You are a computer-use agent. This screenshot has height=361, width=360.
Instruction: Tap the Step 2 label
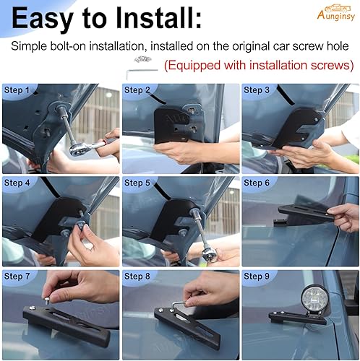[137, 90]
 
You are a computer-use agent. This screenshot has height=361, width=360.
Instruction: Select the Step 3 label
[257, 90]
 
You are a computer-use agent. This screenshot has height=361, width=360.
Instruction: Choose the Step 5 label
[137, 183]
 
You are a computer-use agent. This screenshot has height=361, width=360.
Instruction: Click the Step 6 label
[257, 183]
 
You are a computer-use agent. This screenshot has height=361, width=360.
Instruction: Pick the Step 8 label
[137, 277]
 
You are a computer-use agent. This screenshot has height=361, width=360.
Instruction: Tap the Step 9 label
[257, 277]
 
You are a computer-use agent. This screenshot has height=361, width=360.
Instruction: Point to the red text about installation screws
[259, 66]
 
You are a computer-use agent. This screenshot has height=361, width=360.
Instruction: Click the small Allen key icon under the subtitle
[134, 71]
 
